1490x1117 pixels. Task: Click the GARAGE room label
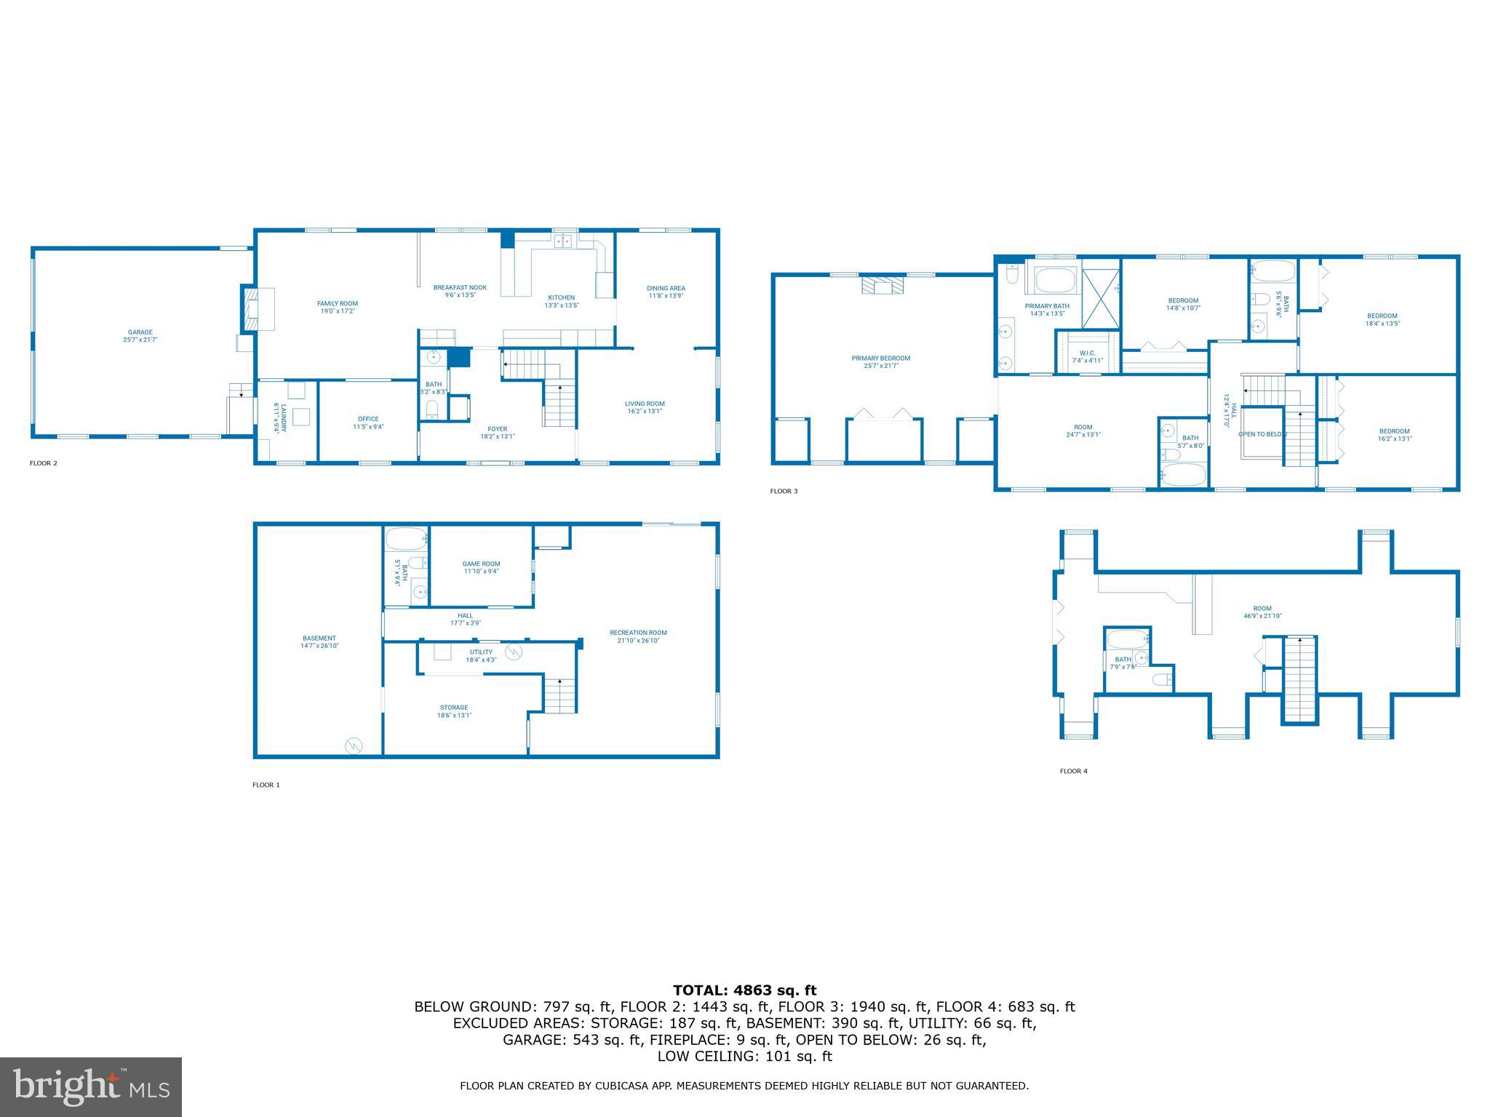tap(140, 332)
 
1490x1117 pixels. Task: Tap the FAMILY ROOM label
tap(338, 304)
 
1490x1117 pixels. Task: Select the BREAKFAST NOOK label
tap(460, 288)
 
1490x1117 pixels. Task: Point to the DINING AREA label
tap(666, 289)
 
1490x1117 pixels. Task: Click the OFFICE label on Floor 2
tap(368, 419)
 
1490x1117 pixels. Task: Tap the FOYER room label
tap(498, 429)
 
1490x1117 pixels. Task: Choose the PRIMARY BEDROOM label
tap(880, 359)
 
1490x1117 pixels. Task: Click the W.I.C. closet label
tap(1087, 353)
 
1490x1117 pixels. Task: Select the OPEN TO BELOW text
tap(1262, 434)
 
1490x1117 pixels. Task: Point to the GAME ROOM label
tap(481, 564)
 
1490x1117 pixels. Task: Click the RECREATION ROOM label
tap(638, 633)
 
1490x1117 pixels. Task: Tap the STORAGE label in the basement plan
tap(454, 708)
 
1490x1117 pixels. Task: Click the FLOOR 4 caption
tap(1073, 771)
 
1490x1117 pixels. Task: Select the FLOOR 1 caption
tap(266, 785)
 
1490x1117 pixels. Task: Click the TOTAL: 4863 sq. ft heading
tap(744, 990)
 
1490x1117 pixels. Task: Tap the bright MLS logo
tap(90, 1086)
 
